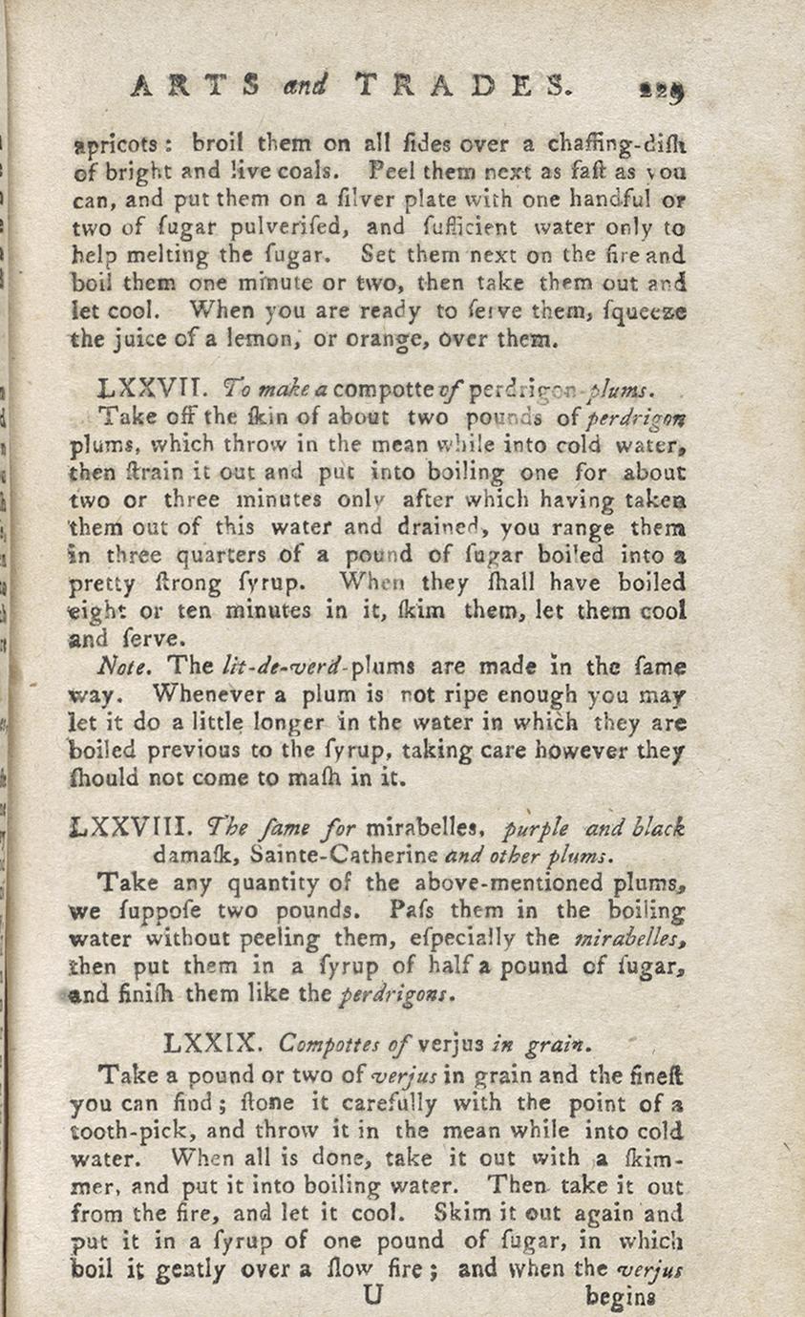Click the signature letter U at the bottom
tap(373, 1295)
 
